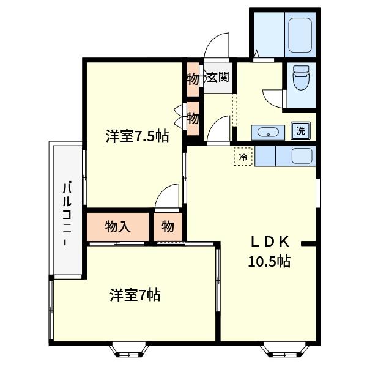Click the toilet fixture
tap(301, 77)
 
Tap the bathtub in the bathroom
tap(300, 35)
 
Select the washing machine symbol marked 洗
tap(301, 131)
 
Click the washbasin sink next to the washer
tap(268, 133)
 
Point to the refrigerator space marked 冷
tap(243, 157)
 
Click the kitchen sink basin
tap(302, 156)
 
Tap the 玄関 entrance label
tap(218, 76)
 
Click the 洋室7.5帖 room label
tap(138, 136)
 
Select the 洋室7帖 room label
tap(135, 295)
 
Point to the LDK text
tap(270, 242)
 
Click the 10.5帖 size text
tap(269, 261)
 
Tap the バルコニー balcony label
tap(67, 214)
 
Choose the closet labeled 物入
tap(117, 227)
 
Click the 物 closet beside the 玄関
tap(193, 80)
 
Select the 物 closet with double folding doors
tap(193, 119)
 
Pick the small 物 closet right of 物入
tap(168, 226)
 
